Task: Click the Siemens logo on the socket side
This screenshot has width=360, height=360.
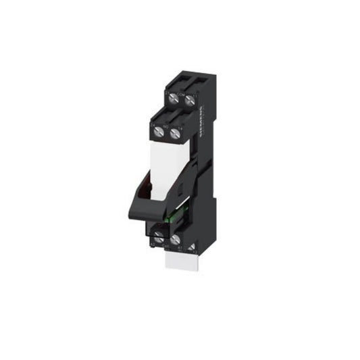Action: coord(201,124)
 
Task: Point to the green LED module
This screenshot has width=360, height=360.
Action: coord(174,220)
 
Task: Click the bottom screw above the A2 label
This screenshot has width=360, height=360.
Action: coord(159,237)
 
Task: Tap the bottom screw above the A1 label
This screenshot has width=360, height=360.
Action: coord(176,239)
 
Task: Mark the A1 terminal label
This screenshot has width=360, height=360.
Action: coord(180,249)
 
